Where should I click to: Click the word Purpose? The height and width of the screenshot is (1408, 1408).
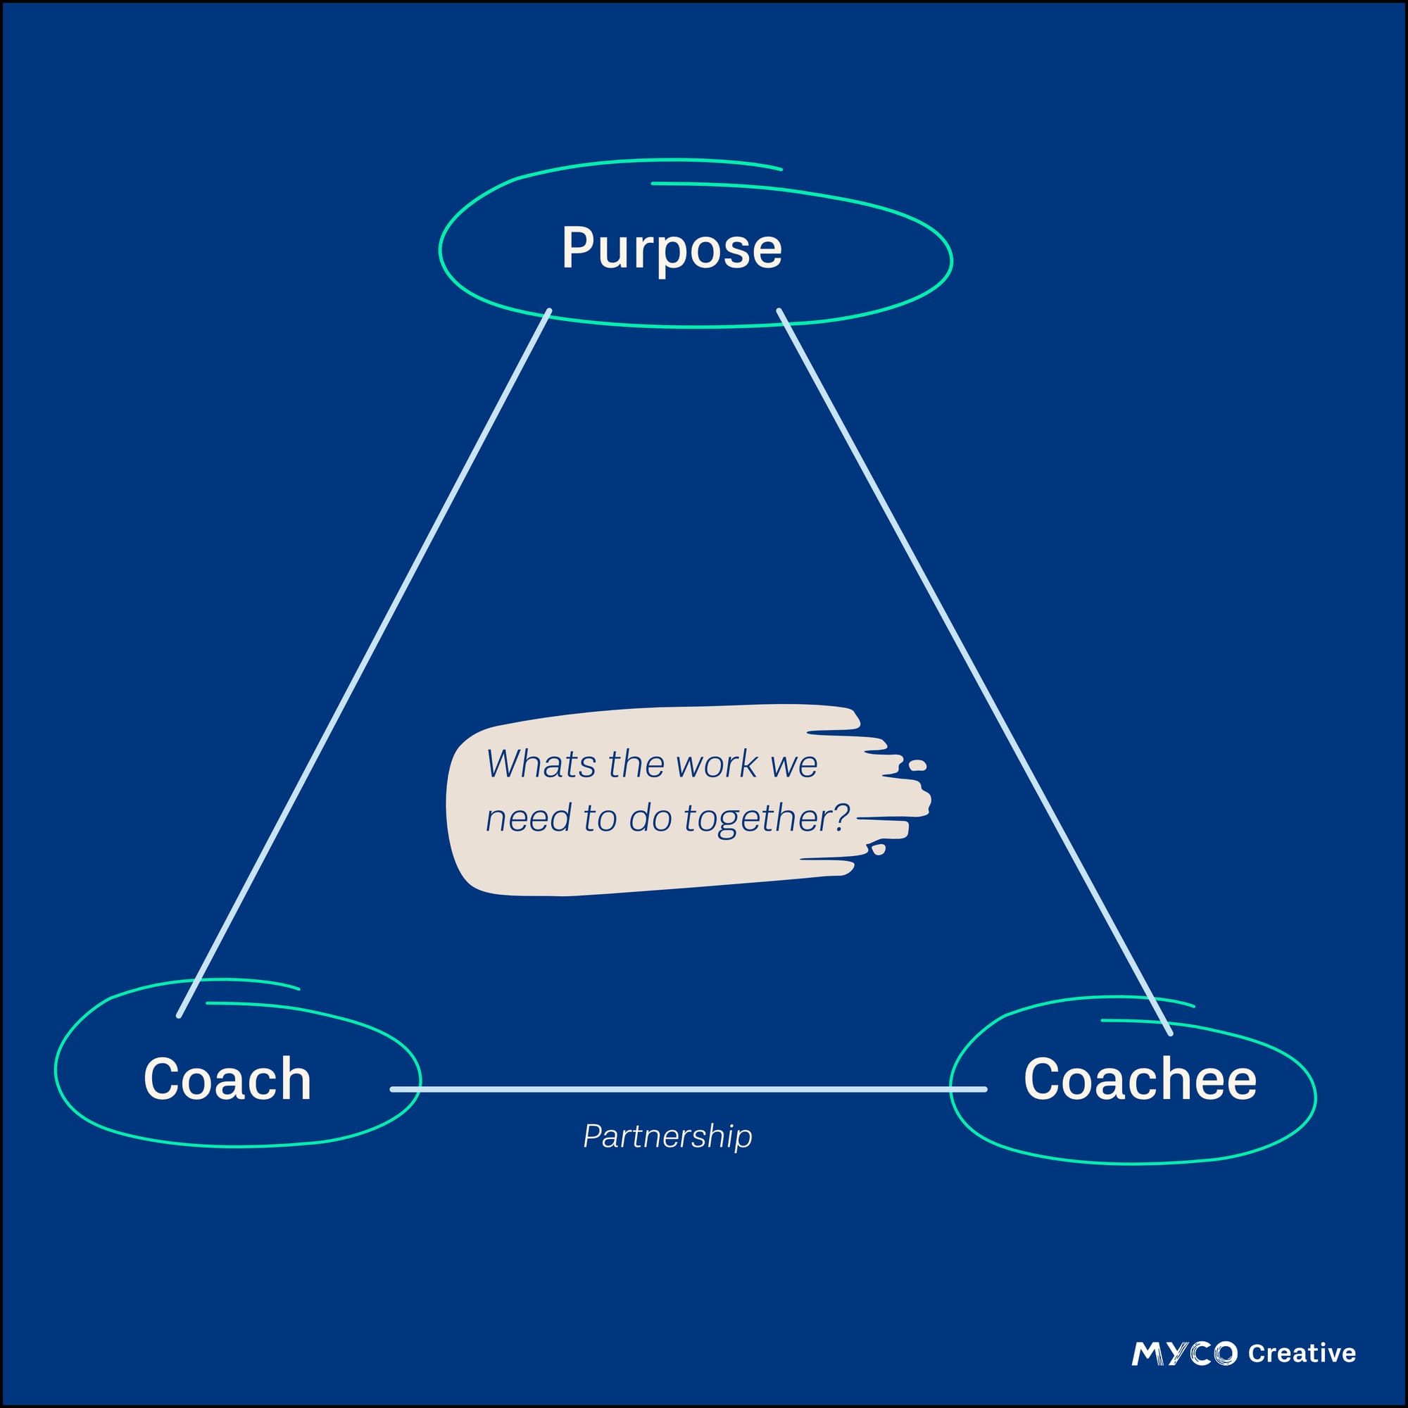(x=671, y=249)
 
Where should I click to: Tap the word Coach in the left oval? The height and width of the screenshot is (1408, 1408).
(x=227, y=1079)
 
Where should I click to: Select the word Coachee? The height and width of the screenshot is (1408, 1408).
(x=1140, y=1079)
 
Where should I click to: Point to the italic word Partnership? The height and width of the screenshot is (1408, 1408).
(x=667, y=1136)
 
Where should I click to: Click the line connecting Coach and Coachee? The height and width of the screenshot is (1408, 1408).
(x=685, y=1090)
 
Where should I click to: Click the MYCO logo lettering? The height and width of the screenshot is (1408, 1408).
(x=1184, y=1353)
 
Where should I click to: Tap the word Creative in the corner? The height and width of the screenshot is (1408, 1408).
(x=1302, y=1353)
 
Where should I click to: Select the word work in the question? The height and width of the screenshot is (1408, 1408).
(x=706, y=765)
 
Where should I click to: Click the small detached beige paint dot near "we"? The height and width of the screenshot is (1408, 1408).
(x=917, y=765)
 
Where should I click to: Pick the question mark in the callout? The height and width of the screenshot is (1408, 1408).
(x=843, y=816)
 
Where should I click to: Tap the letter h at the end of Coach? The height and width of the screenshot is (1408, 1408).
(x=296, y=1078)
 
